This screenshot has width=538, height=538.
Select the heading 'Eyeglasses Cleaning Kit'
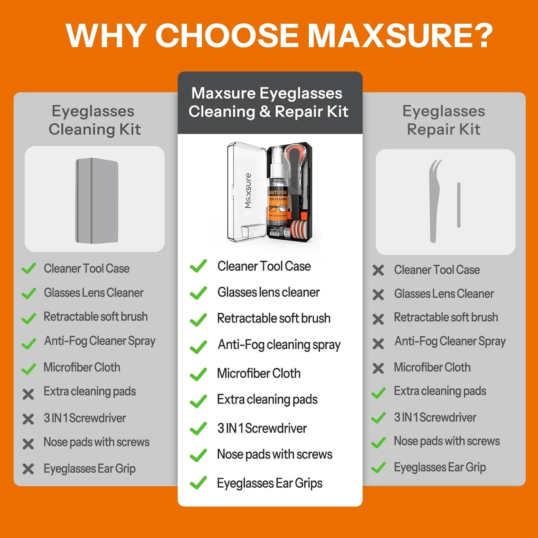click(x=94, y=120)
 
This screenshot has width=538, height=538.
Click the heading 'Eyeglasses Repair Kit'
click(x=444, y=120)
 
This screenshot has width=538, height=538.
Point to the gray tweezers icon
click(x=434, y=201)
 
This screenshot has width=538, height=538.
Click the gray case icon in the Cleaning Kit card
click(x=97, y=200)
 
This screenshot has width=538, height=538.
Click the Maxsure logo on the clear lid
click(x=248, y=190)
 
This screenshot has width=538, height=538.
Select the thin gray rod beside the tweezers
click(x=459, y=205)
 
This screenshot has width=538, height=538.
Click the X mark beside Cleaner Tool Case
click(x=378, y=270)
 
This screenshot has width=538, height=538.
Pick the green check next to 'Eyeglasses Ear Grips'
click(x=198, y=483)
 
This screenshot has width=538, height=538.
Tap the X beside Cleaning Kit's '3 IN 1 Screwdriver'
click(x=28, y=419)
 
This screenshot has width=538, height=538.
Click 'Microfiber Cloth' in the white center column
click(x=259, y=373)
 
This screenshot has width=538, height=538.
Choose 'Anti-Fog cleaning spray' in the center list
click(x=279, y=345)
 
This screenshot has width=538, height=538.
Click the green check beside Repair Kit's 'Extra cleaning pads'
click(x=378, y=393)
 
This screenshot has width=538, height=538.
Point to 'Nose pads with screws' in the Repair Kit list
click(x=447, y=441)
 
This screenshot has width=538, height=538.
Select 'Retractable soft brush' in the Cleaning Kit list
click(x=95, y=316)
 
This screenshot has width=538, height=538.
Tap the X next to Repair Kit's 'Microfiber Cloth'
click(x=378, y=368)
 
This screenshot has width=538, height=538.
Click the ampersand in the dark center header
click(x=265, y=112)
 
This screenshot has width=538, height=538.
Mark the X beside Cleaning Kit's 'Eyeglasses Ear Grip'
click(x=28, y=469)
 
